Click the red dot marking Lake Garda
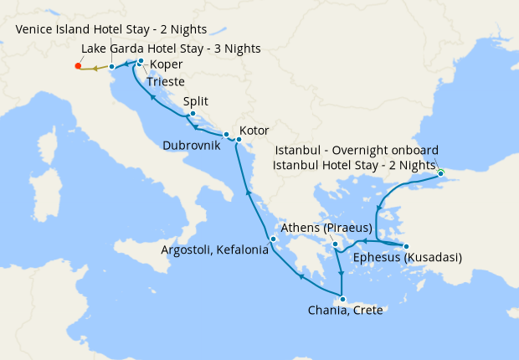click(x=78, y=65)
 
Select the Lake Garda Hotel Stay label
click(x=171, y=49)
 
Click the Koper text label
click(x=166, y=64)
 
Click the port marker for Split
click(x=193, y=114)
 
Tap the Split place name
click(x=195, y=101)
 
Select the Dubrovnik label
click(x=192, y=145)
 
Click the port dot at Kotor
click(x=239, y=139)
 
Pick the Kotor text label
click(x=254, y=131)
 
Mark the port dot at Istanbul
click(x=440, y=173)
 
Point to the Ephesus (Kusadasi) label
click(x=408, y=258)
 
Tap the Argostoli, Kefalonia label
click(x=215, y=249)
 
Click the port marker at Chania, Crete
click(x=342, y=299)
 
